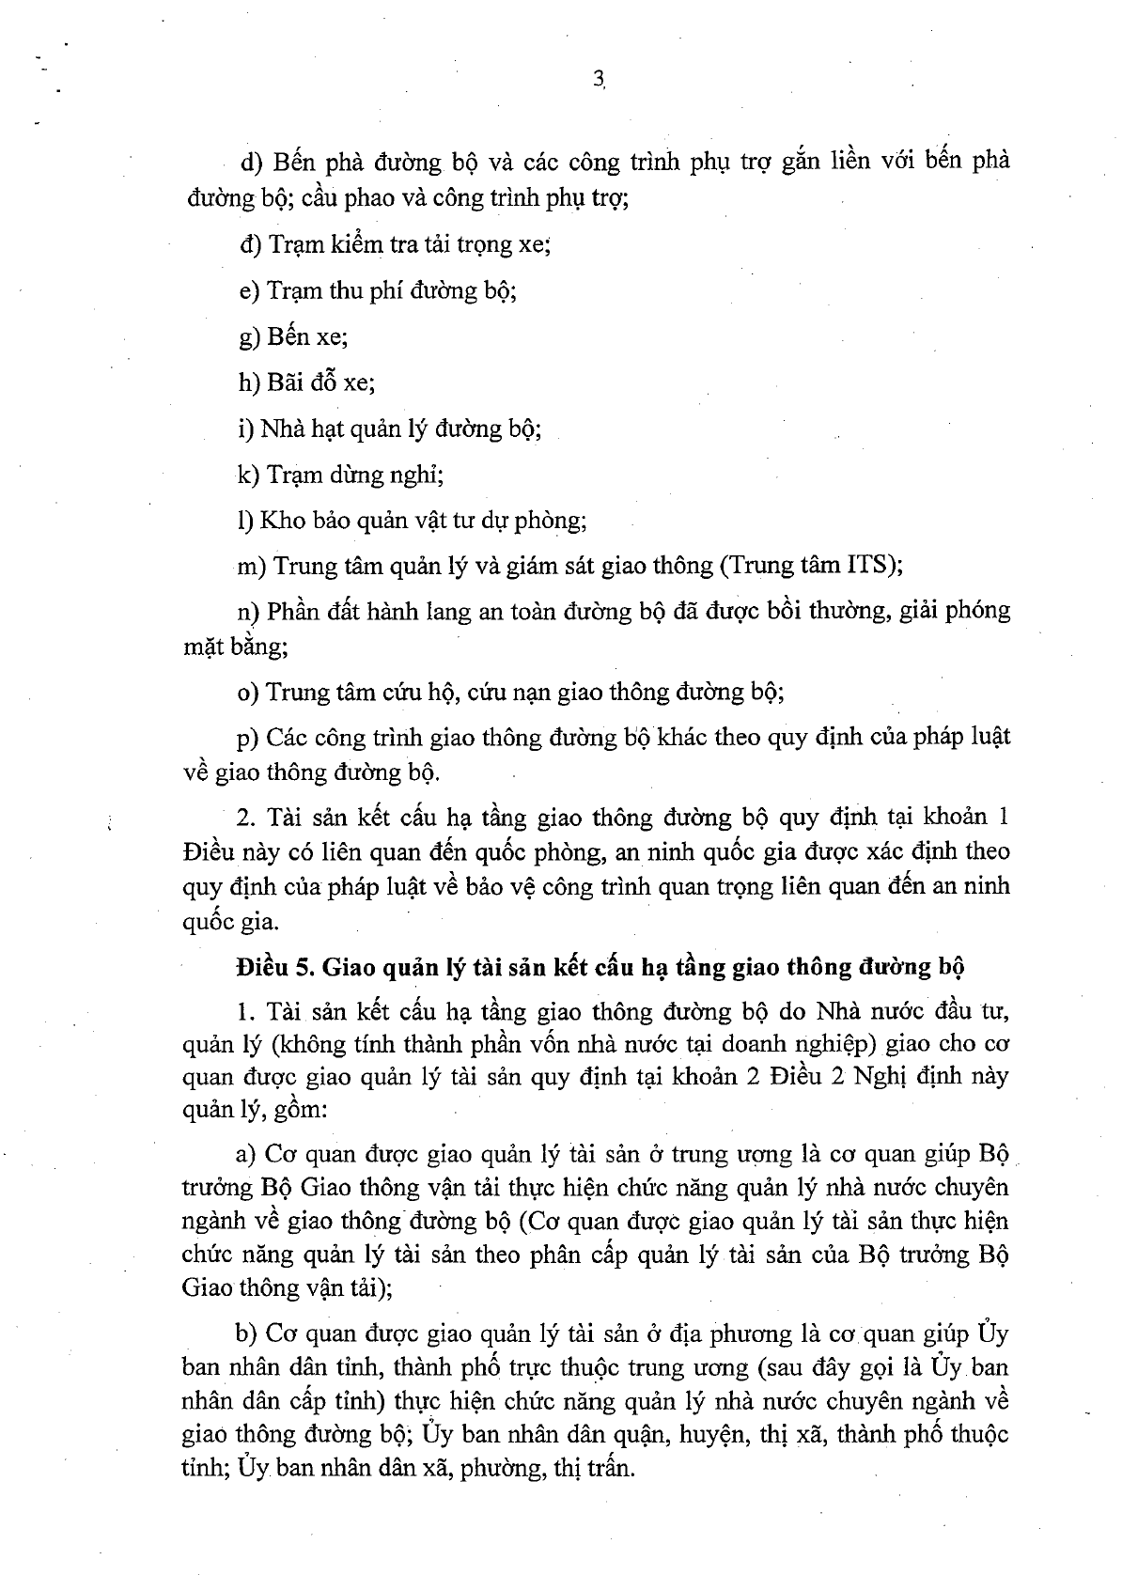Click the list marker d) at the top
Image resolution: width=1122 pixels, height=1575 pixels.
(x=251, y=163)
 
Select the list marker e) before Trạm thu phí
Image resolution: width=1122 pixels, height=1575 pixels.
(x=249, y=290)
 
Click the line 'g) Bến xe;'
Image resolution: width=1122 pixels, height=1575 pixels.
(x=294, y=336)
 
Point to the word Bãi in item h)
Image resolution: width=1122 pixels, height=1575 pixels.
(x=288, y=382)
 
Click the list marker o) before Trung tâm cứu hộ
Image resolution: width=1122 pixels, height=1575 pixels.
(x=248, y=693)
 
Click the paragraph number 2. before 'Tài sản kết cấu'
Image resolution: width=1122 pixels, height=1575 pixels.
(x=246, y=817)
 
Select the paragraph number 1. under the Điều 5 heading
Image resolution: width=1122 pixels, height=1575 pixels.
(x=247, y=1012)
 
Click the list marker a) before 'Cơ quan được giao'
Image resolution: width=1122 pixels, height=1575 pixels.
(x=249, y=1154)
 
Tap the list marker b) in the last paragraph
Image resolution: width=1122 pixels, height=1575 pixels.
(x=249, y=1334)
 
